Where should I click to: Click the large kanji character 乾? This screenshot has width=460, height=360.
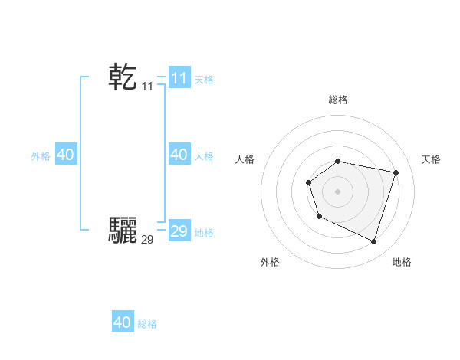click(x=123, y=78)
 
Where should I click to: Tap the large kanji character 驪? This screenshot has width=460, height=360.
click(x=123, y=230)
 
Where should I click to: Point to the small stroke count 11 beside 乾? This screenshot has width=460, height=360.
click(x=147, y=87)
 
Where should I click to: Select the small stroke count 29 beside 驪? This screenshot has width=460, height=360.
click(x=147, y=239)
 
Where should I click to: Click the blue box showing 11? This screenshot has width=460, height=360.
click(x=179, y=78)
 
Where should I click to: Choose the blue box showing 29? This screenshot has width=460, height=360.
click(x=179, y=231)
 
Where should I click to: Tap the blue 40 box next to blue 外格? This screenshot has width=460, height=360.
click(x=65, y=155)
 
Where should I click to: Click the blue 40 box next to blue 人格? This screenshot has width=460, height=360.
click(x=179, y=155)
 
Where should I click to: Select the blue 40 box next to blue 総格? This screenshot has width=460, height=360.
click(x=123, y=322)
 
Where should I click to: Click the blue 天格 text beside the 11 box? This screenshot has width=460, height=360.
click(x=204, y=80)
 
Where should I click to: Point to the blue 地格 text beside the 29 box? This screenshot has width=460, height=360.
click(x=204, y=232)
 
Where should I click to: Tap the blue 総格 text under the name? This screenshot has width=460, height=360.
click(x=147, y=324)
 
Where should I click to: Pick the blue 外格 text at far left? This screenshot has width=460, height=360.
click(x=41, y=156)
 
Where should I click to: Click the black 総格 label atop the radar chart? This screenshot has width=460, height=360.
click(x=338, y=100)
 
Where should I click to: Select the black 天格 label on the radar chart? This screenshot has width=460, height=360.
click(x=431, y=159)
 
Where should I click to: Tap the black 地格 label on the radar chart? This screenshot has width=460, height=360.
click(x=402, y=262)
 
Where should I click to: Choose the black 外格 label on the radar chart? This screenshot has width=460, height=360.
click(x=270, y=262)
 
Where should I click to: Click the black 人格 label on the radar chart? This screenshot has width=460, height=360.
click(x=245, y=159)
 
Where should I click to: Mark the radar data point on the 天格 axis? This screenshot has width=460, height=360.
click(x=396, y=172)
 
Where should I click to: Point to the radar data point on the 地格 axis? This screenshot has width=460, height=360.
click(x=373, y=241)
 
